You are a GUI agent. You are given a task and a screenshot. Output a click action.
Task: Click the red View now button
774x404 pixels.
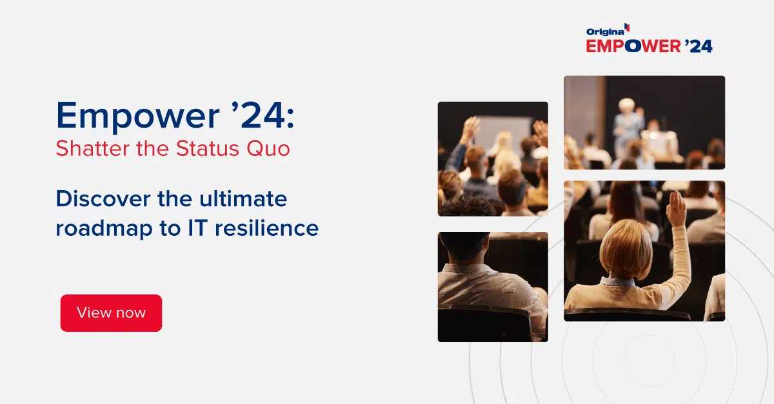[111, 313]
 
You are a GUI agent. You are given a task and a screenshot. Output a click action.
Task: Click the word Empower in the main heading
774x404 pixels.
[138, 116]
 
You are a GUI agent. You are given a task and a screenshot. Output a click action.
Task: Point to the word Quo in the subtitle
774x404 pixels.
[268, 149]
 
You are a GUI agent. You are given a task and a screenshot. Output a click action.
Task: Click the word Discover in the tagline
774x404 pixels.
[103, 198]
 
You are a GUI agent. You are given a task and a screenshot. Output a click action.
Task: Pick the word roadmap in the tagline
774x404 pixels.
[104, 229]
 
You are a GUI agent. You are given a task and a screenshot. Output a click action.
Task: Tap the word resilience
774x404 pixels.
[267, 228]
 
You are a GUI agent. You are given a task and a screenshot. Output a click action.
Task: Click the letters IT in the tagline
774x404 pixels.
[197, 228]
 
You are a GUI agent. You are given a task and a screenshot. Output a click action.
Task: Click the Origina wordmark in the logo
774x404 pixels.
[605, 32]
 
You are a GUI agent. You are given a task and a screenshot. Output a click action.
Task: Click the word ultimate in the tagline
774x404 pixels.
[243, 198]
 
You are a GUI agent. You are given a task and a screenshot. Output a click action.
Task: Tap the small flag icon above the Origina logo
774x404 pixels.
[627, 27]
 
